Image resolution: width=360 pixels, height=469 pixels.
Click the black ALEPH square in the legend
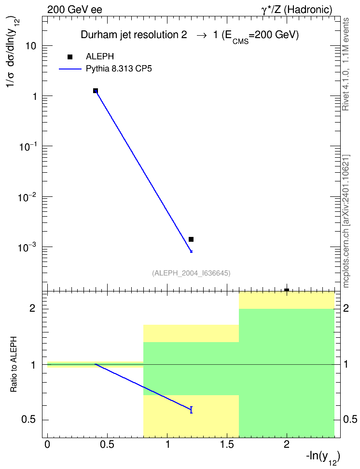(x=70, y=57)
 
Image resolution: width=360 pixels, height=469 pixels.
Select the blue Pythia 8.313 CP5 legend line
(x=70, y=69)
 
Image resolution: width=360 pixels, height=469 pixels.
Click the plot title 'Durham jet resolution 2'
(x=134, y=35)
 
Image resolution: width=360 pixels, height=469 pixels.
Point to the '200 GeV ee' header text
(x=74, y=10)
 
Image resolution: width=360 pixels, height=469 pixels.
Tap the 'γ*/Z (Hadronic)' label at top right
(x=297, y=10)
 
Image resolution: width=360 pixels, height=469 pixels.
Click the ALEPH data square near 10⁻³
(x=191, y=239)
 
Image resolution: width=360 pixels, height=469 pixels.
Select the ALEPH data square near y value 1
(x=96, y=91)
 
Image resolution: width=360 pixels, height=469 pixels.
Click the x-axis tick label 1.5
(x=227, y=444)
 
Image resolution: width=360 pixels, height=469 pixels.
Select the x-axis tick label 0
(x=47, y=444)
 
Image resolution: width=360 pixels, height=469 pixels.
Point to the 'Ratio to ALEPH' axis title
(x=14, y=364)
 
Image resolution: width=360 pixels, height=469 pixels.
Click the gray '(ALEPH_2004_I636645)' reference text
(x=191, y=273)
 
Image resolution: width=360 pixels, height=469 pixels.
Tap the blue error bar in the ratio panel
(x=191, y=410)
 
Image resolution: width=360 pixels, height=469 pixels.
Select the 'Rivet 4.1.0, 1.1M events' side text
(x=346, y=64)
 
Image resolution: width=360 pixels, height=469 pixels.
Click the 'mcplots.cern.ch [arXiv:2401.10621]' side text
(x=346, y=221)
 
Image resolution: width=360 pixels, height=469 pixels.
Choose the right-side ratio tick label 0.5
(x=350, y=420)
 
